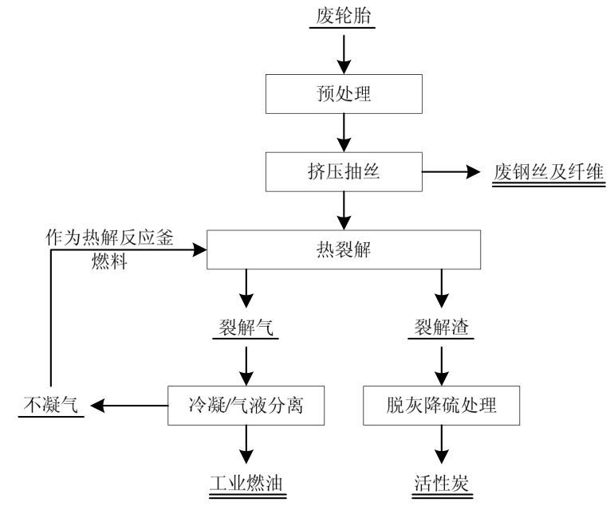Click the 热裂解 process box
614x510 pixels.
point(344,250)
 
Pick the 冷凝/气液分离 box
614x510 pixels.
point(246,406)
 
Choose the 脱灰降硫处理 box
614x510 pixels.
point(441,406)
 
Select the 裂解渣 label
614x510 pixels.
point(440,328)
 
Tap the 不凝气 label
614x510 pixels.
point(49,406)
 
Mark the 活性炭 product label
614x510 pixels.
point(440,483)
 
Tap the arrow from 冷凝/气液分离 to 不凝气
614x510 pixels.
point(128,406)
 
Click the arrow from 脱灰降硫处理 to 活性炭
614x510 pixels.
point(440,448)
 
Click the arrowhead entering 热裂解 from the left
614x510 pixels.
point(199,250)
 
